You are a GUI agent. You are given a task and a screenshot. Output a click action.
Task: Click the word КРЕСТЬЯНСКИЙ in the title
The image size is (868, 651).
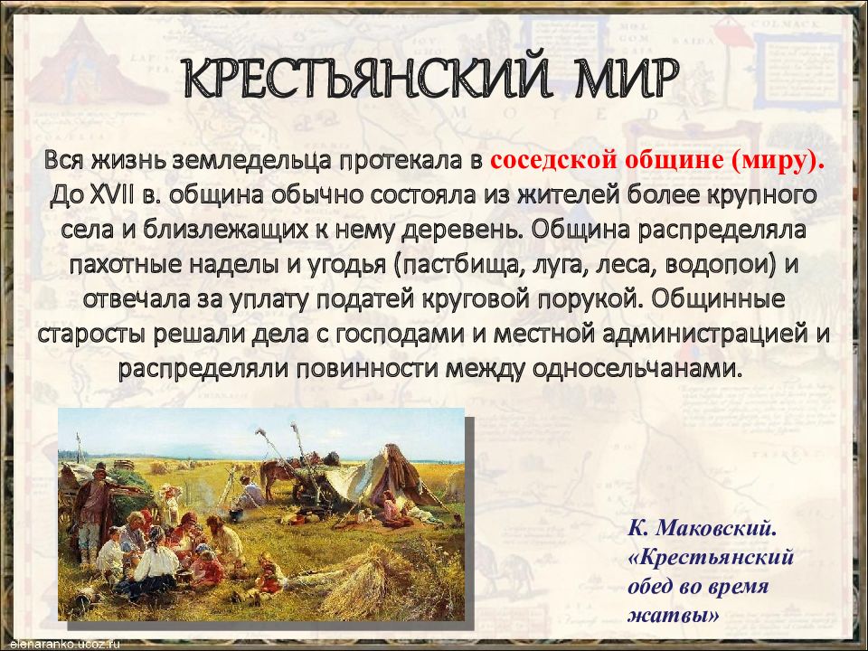[358, 82]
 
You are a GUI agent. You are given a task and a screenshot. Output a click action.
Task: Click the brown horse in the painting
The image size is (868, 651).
[277, 475]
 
